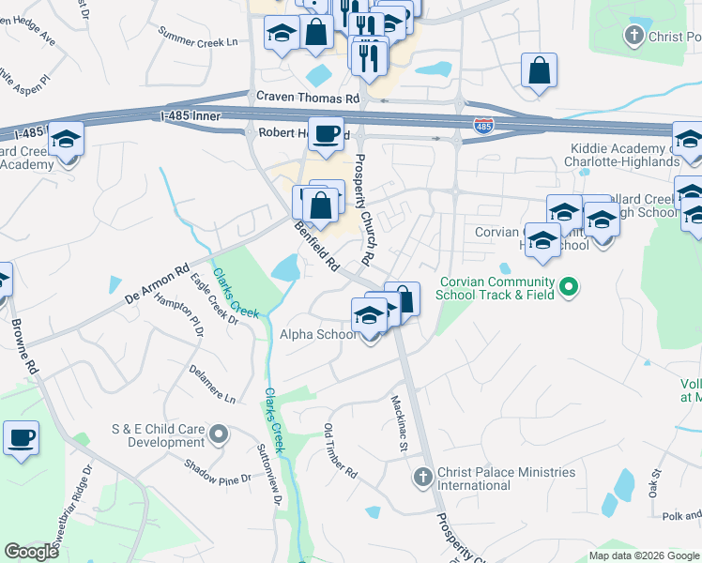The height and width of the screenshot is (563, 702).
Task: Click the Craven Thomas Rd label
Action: click(x=308, y=98)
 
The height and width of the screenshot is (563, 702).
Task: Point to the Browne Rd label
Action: click(x=24, y=347)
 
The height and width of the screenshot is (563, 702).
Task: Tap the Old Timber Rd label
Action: click(x=341, y=451)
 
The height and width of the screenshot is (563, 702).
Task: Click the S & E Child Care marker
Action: click(x=219, y=434)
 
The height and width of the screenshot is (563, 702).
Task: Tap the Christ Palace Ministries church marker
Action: click(x=422, y=478)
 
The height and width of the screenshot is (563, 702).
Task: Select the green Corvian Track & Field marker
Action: click(x=568, y=287)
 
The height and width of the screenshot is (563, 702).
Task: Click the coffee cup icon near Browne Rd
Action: click(x=21, y=437)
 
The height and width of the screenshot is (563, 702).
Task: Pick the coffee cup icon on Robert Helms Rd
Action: click(x=326, y=133)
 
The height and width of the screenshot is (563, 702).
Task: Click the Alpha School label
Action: click(x=318, y=334)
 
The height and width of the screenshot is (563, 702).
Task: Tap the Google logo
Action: click(x=31, y=552)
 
